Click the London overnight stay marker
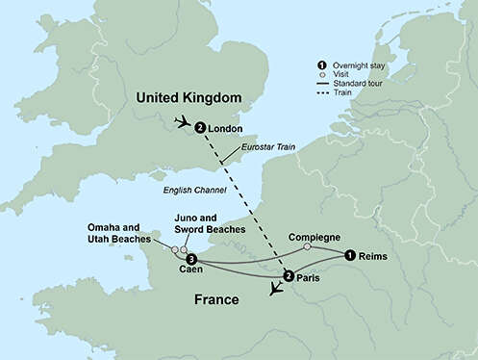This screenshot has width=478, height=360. (x=199, y=127)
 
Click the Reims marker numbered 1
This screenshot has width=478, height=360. (x=348, y=256)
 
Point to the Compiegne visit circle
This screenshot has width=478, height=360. (x=307, y=247)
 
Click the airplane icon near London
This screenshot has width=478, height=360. (x=180, y=122)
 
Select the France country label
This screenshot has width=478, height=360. (x=216, y=299)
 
